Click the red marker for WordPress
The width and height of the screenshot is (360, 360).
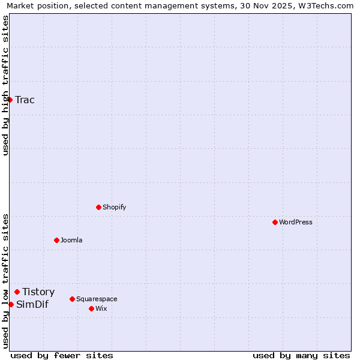click(275, 222)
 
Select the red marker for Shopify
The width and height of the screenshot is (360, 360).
click(98, 207)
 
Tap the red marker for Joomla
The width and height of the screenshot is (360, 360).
click(56, 240)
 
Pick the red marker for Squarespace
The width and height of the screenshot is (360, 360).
click(72, 299)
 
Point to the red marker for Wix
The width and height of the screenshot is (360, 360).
click(91, 308)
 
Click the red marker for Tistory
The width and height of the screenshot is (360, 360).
click(17, 292)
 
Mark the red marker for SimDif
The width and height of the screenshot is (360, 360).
click(11, 304)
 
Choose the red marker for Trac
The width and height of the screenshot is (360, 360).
click(10, 100)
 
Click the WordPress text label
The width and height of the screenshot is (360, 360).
click(296, 222)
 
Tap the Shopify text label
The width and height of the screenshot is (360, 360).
click(115, 207)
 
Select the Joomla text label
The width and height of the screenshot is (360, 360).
click(71, 240)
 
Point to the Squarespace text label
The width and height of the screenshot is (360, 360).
click(97, 299)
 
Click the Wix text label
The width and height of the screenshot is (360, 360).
click(101, 308)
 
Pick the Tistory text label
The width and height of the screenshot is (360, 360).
click(38, 292)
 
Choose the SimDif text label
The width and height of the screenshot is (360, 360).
click(32, 304)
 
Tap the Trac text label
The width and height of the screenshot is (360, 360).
click(25, 100)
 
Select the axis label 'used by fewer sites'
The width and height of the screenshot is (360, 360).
click(62, 355)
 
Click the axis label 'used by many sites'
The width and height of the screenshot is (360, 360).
click(301, 355)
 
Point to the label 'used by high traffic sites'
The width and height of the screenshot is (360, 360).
click(5, 85)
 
